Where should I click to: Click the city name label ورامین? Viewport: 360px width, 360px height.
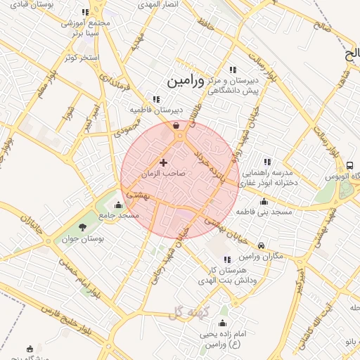[x=186, y=81]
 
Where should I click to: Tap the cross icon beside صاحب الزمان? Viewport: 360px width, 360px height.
[x=164, y=162]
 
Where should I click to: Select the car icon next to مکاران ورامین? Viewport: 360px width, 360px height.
[x=262, y=246]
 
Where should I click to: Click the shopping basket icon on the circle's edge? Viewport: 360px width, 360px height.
[x=176, y=126]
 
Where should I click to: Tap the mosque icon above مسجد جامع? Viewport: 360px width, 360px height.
[x=127, y=205]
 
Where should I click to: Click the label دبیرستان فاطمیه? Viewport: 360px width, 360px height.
[x=155, y=110]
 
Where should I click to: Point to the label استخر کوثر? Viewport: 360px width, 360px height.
[x=80, y=56]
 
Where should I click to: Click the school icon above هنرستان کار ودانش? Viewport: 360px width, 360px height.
[x=227, y=259]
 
